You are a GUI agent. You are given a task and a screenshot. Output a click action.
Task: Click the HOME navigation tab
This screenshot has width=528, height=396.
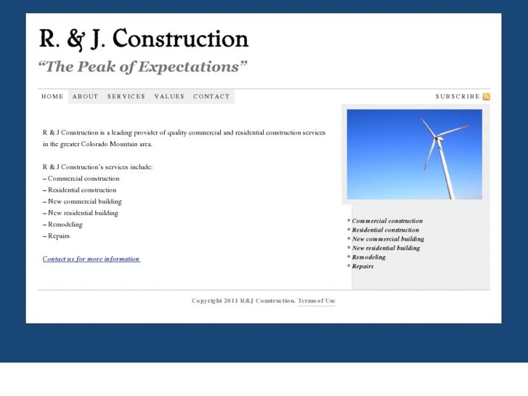click(52, 97)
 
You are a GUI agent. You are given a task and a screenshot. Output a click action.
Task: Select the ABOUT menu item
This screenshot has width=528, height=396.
click(85, 97)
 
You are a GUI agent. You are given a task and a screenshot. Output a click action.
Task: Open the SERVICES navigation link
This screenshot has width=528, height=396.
click(126, 97)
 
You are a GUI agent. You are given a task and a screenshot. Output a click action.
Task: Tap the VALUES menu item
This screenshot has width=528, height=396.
click(169, 97)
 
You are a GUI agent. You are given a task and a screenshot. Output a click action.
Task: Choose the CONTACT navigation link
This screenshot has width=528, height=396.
click(211, 97)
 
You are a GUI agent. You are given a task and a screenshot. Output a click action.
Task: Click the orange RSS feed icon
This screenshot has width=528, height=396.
click(487, 97)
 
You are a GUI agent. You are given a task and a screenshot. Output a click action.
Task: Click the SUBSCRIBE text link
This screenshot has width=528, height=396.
click(458, 97)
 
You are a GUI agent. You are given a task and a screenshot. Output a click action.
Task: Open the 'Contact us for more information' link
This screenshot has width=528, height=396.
click(91, 259)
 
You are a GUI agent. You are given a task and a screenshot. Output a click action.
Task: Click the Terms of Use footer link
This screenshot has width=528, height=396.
click(317, 301)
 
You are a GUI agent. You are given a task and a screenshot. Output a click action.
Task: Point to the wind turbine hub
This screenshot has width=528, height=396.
click(438, 136)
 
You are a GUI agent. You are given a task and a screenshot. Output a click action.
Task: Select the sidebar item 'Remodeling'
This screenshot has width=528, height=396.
click(369, 257)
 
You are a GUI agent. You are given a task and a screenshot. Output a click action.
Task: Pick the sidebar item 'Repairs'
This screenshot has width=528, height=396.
click(362, 267)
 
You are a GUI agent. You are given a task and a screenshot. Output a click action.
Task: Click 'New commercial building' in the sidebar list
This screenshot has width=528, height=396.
click(388, 239)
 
